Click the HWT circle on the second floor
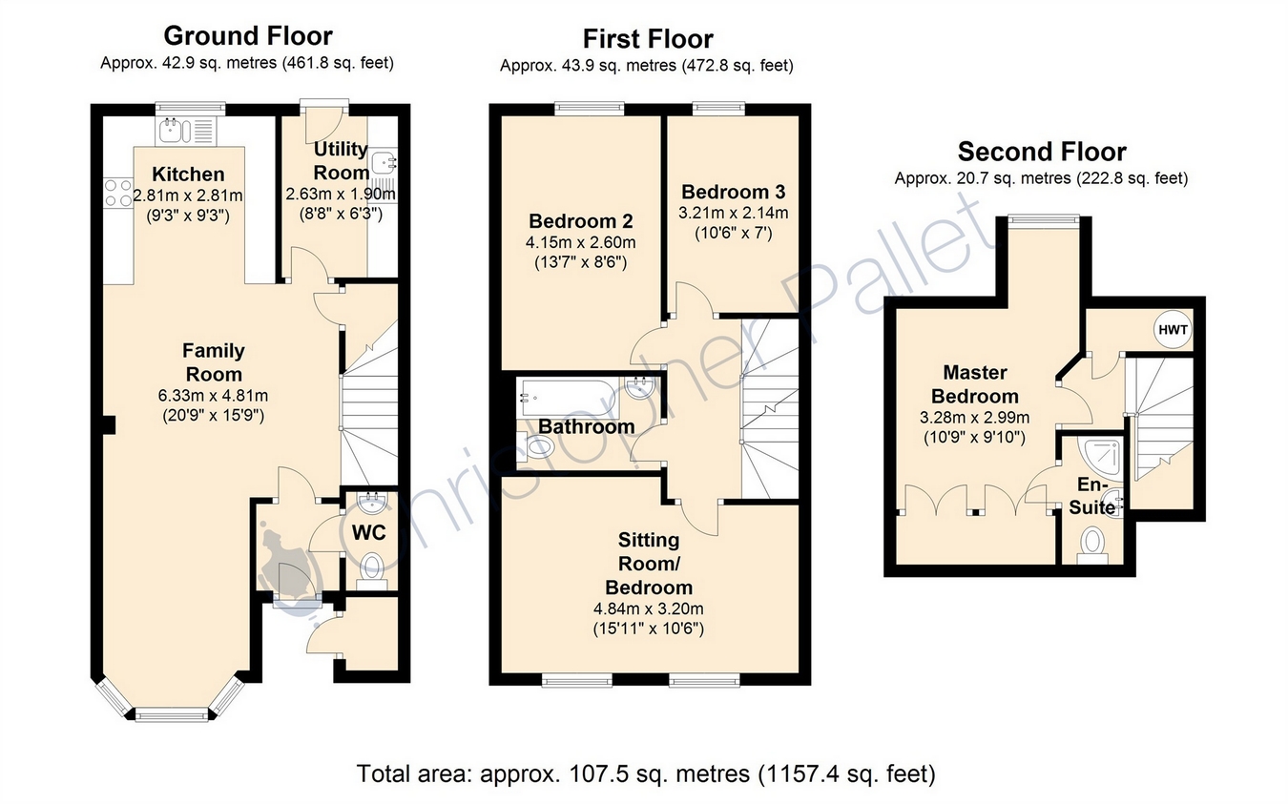[x=1173, y=330]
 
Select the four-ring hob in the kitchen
[x=118, y=193]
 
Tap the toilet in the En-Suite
[x=1091, y=546]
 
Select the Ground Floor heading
[x=248, y=36]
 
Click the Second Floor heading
[x=1041, y=152]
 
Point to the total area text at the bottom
[x=646, y=773]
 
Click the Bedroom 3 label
[x=733, y=192]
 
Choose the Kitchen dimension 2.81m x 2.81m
[x=188, y=196]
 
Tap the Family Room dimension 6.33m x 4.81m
[x=214, y=396]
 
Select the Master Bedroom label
[x=975, y=384]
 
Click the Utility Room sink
[x=383, y=163]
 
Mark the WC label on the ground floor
[x=368, y=533]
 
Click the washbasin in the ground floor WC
[x=371, y=504]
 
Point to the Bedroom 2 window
[x=590, y=107]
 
